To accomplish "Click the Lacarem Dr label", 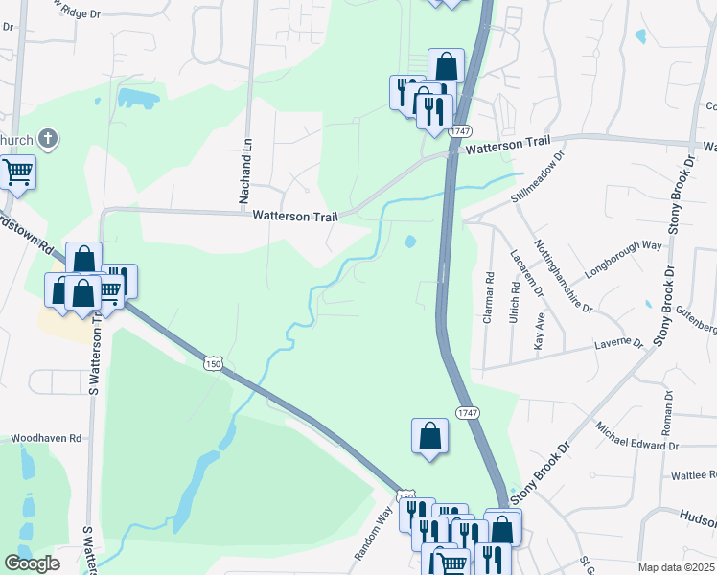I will tap(526, 274).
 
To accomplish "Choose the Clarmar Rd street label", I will tap(489, 297).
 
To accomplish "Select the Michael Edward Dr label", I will tap(636, 436).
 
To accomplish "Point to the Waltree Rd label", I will tap(693, 475).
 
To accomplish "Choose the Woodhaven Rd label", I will tap(46, 438).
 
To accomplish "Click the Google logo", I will tap(33, 563).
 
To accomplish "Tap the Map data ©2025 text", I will tap(675, 567).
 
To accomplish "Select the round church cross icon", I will tap(49, 140).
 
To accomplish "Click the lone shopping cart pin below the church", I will tap(16, 172).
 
